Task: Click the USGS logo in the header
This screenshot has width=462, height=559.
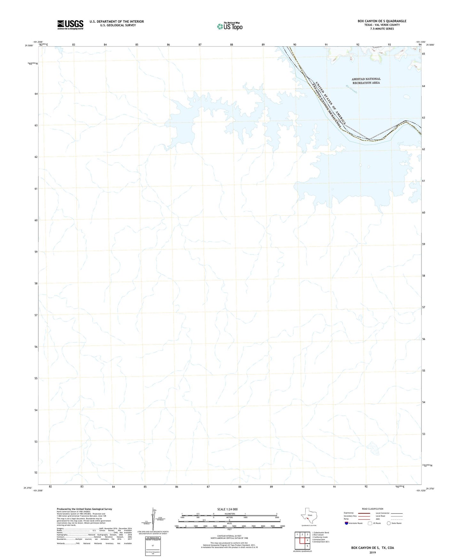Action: pos(70,25)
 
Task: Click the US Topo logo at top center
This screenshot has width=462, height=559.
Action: pos(230,26)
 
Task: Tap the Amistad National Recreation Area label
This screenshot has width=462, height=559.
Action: pos(366,81)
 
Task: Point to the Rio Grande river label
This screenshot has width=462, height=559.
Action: pos(351,89)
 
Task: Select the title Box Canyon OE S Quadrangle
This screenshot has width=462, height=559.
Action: pos(382,21)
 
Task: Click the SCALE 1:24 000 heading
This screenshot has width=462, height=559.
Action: pos(227,509)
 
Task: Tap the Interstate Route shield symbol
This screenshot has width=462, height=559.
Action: pos(347,523)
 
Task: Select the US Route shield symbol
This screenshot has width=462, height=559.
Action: pos(370,523)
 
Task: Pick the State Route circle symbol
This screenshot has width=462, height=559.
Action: pos(388,523)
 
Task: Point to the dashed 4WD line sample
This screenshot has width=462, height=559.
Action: pos(397,519)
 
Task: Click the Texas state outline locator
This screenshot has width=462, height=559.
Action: pos(309,516)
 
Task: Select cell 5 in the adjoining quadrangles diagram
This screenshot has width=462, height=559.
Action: pos(307,546)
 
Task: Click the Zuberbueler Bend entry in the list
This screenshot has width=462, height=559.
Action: pos(320,532)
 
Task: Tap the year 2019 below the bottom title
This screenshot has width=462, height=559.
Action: pos(372,552)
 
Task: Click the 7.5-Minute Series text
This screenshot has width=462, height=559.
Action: pos(382,29)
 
